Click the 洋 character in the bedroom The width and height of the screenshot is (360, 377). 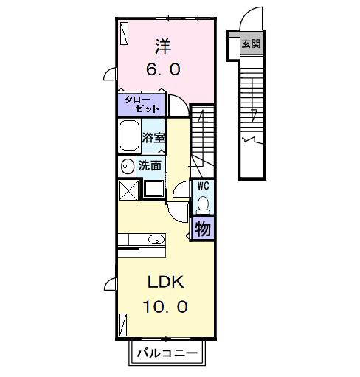click(163, 46)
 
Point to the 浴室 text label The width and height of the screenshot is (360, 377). click(153, 137)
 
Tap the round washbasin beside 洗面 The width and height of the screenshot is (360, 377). click(127, 166)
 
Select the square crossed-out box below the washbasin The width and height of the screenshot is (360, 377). click(127, 190)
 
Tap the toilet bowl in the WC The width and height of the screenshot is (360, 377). click(204, 203)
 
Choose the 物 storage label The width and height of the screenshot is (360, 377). click(203, 229)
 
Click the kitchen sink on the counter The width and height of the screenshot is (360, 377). click(156, 239)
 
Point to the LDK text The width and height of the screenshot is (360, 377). click(162, 283)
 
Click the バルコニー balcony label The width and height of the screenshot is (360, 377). click(166, 354)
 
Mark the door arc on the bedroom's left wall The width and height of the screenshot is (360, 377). click(110, 74)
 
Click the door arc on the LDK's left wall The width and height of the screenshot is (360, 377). click(110, 283)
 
